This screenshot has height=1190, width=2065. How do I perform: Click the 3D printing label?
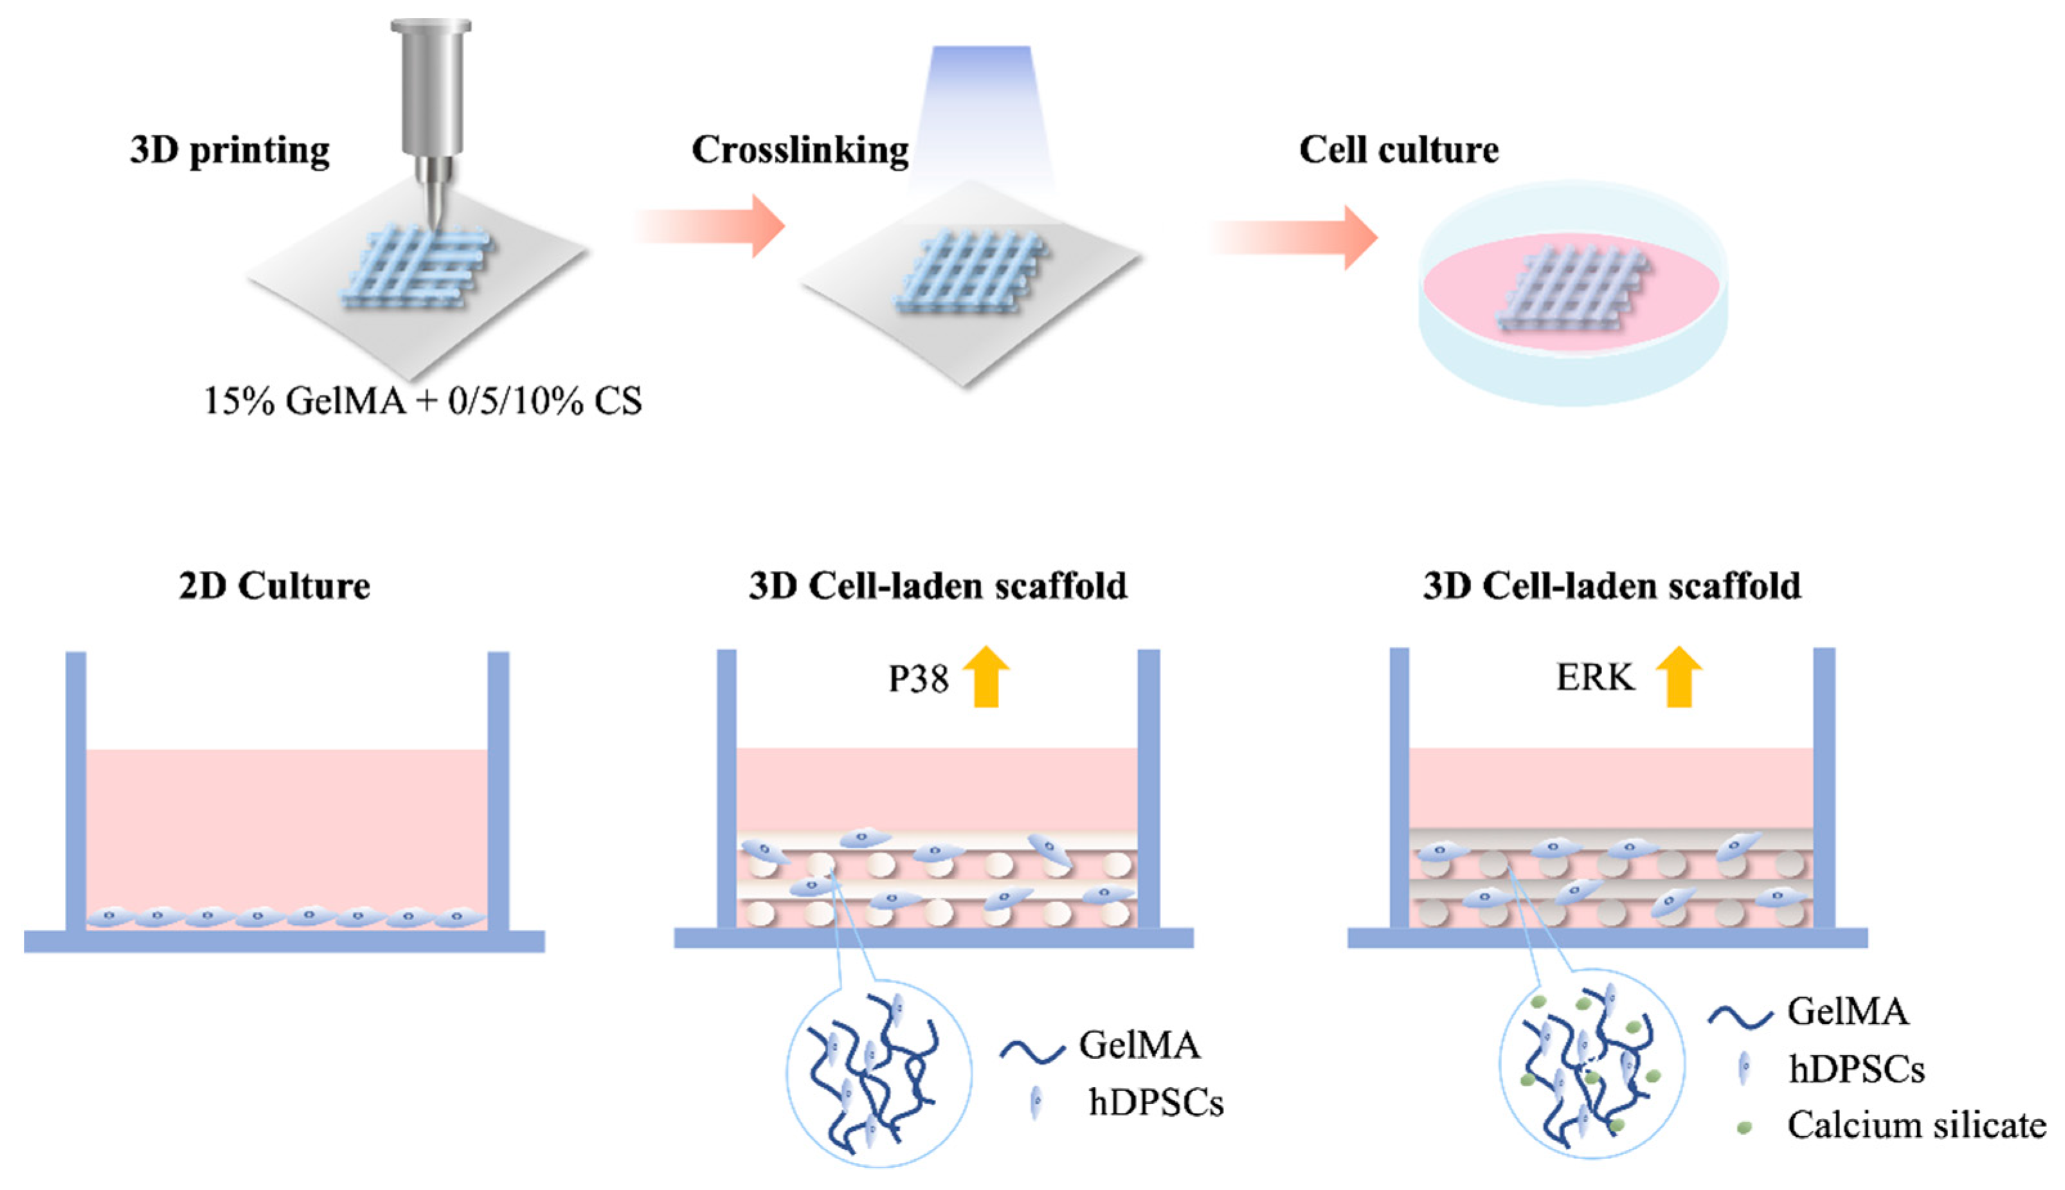click(230, 151)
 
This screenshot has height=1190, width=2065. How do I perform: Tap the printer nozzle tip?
click(433, 221)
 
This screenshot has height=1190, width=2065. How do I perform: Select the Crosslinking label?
click(799, 151)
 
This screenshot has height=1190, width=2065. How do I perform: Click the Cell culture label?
click(1398, 150)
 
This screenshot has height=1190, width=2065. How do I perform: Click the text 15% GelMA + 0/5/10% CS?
click(422, 401)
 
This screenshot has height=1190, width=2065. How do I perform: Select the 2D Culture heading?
click(275, 586)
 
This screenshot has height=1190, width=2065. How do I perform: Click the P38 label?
click(919, 679)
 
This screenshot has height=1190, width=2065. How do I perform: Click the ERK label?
click(1595, 678)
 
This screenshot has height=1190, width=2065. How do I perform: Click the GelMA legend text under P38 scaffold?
click(1139, 1045)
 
